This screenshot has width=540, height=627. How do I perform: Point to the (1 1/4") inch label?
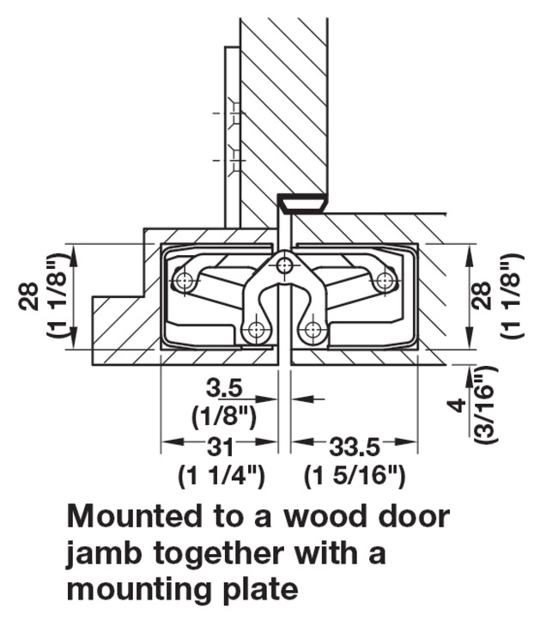pyautogui.click(x=221, y=475)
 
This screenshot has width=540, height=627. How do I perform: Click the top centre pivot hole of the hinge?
pyautogui.click(x=286, y=266)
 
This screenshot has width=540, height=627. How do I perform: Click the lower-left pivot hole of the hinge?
pyautogui.click(x=255, y=330)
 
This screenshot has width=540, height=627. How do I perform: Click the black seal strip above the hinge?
pyautogui.click(x=301, y=203)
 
